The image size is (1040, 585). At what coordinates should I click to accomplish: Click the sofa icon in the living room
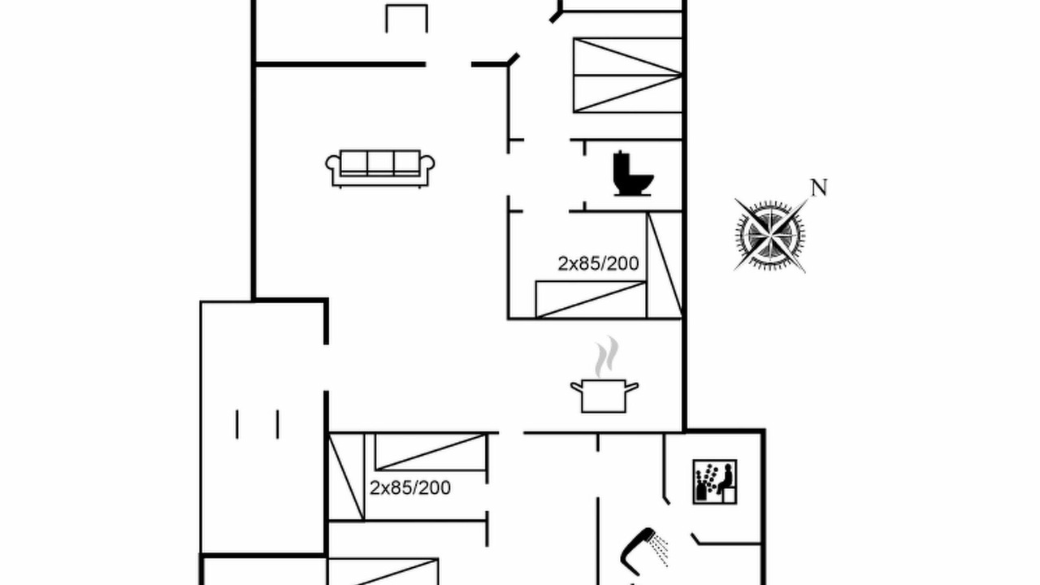pos(379,168)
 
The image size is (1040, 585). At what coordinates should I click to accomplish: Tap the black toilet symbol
pos(633,173)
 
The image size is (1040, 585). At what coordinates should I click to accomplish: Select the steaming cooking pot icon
pos(604,375)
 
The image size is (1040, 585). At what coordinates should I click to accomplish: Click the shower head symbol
pos(639,551)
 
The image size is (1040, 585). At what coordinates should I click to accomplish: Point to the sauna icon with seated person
pos(714,482)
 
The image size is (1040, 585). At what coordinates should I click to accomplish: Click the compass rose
pos(770,236)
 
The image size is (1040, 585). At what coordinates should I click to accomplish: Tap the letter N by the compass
pos(819,188)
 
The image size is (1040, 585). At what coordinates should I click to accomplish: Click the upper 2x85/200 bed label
pos(598,264)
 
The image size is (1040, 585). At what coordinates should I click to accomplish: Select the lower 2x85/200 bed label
pos(410,488)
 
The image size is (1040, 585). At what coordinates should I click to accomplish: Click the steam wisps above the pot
pos(607,356)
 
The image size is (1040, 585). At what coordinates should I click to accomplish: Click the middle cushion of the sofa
pos(380,162)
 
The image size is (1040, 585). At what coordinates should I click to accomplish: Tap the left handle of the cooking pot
pos(576,387)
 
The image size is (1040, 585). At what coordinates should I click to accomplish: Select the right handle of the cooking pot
pos(632,387)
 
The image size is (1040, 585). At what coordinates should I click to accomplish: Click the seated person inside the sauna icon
pos(726,479)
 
